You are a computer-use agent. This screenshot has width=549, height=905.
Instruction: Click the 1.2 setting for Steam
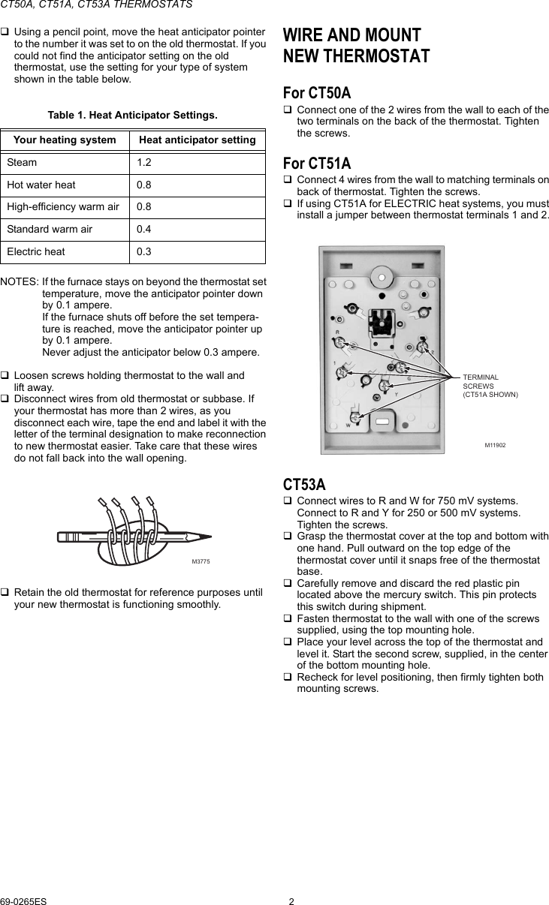pyautogui.click(x=143, y=162)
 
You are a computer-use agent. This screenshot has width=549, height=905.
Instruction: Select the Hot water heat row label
pyautogui.click(x=41, y=185)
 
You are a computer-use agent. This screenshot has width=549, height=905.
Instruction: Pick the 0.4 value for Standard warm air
pyautogui.click(x=143, y=229)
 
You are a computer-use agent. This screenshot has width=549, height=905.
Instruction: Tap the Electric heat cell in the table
pyautogui.click(x=36, y=251)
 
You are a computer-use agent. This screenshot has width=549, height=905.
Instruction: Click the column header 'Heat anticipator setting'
pyautogui.click(x=198, y=140)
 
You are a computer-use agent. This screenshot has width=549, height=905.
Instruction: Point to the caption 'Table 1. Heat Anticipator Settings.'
pyautogui.click(x=133, y=115)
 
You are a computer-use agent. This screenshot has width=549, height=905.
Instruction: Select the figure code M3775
pyautogui.click(x=201, y=561)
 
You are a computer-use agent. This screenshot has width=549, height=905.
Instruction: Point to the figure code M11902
pyautogui.click(x=495, y=445)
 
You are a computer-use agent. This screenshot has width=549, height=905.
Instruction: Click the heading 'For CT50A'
pyautogui.click(x=316, y=93)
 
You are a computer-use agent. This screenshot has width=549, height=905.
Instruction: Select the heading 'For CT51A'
pyautogui.click(x=316, y=163)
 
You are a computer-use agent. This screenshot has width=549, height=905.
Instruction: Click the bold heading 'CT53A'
pyautogui.click(x=304, y=485)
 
